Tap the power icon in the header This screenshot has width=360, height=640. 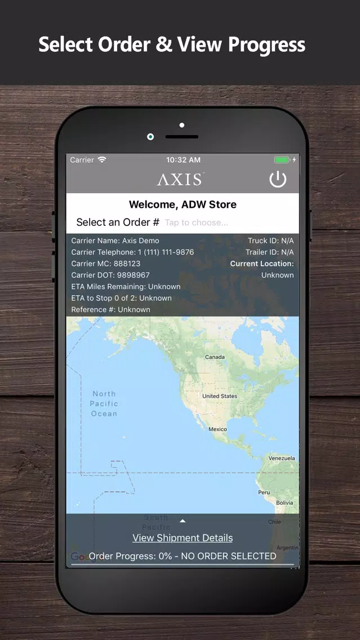point(278,179)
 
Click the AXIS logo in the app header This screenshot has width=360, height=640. point(180,179)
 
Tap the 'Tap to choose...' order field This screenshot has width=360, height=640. point(197,223)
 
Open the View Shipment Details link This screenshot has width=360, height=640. point(183,538)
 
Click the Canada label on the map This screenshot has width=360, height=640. point(215,357)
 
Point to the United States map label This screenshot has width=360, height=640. point(220,396)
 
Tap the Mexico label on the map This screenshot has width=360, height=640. point(217,429)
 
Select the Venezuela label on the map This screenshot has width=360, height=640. point(282,458)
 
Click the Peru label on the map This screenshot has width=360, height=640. point(264,492)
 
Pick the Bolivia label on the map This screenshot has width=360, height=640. point(285,503)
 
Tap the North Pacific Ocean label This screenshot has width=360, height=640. point(104,403)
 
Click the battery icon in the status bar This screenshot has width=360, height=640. point(282,160)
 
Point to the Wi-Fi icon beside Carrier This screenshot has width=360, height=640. point(102,160)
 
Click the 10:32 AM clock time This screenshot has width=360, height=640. point(183,160)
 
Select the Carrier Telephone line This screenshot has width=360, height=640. point(132,252)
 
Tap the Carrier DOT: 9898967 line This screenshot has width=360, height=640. point(110,275)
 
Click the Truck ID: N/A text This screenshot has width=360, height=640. point(270,241)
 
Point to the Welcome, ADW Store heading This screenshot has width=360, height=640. point(183,205)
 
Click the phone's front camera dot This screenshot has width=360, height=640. point(150,136)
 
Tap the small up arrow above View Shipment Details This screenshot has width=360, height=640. point(183,521)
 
